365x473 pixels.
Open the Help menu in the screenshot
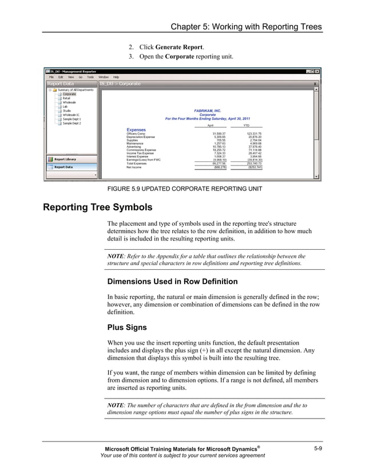tap(116, 77)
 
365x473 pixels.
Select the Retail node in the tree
tap(66, 98)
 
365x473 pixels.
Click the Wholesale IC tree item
tap(71, 115)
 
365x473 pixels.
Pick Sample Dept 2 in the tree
tap(72, 123)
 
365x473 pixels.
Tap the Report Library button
tap(65, 159)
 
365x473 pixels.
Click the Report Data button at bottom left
tap(63, 167)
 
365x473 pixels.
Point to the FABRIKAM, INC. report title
tap(208, 111)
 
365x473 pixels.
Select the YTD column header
tap(247, 125)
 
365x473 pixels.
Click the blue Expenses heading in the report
tap(136, 130)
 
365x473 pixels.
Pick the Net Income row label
tap(134, 167)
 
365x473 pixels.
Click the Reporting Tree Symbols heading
tap(98, 207)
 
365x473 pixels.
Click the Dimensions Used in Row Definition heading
tap(172, 281)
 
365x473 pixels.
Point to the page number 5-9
tap(318, 448)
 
